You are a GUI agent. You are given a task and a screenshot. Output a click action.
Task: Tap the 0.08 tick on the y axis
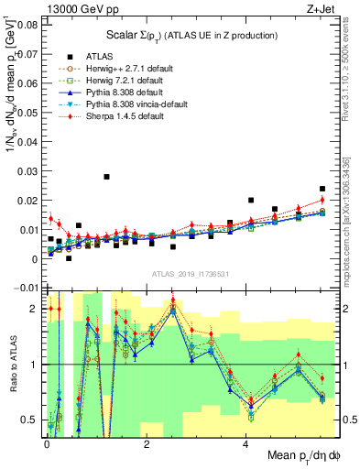coord(27,25)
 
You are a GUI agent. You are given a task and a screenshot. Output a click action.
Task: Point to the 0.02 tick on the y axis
coord(27,201)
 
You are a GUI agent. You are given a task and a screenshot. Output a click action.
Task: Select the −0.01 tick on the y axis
coord(26,289)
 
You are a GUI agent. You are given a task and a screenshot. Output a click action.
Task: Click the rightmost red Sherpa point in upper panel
coord(322,200)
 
